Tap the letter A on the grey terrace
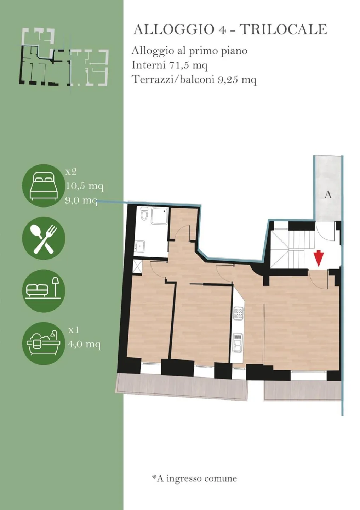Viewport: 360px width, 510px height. [328, 195]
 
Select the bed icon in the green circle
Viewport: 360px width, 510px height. [43, 186]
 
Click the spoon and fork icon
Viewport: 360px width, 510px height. [44, 238]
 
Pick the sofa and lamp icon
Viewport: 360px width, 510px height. [43, 288]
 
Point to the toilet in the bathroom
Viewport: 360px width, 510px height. [144, 213]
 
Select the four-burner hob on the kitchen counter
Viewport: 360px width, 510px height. [238, 313]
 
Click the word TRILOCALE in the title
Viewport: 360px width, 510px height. [284, 29]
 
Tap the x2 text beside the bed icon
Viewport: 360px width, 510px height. [71, 172]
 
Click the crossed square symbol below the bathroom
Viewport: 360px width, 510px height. [138, 266]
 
